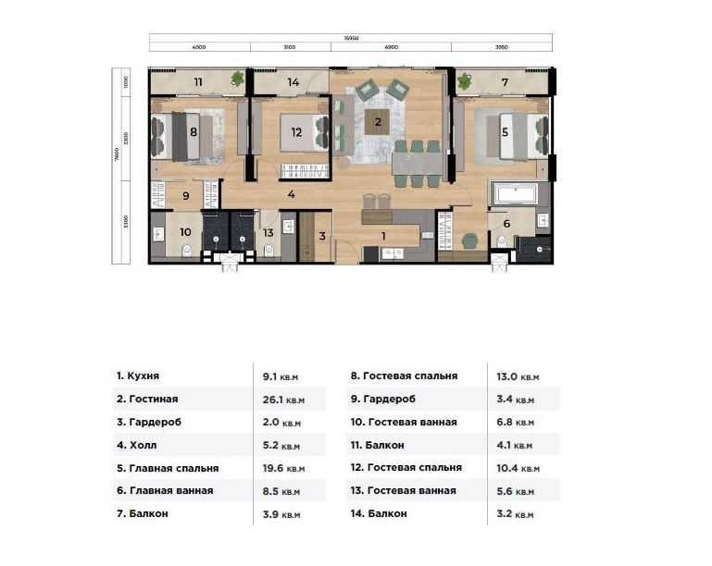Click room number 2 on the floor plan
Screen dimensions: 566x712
(x=377, y=121)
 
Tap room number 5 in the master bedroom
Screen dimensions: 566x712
(x=505, y=132)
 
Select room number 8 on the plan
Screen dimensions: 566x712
(x=193, y=132)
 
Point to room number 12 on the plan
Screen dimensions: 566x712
(x=296, y=132)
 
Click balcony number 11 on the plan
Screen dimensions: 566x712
(x=198, y=82)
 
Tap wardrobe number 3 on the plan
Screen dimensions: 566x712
(x=322, y=236)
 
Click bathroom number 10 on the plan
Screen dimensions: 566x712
(x=185, y=232)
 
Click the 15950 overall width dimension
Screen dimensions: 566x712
(x=351, y=38)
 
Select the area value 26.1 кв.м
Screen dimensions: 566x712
(x=279, y=400)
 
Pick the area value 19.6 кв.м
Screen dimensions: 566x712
(x=279, y=468)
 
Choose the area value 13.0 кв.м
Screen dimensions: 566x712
(x=517, y=376)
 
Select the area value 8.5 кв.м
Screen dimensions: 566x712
(x=279, y=491)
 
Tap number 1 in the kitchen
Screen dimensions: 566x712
(x=382, y=236)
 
